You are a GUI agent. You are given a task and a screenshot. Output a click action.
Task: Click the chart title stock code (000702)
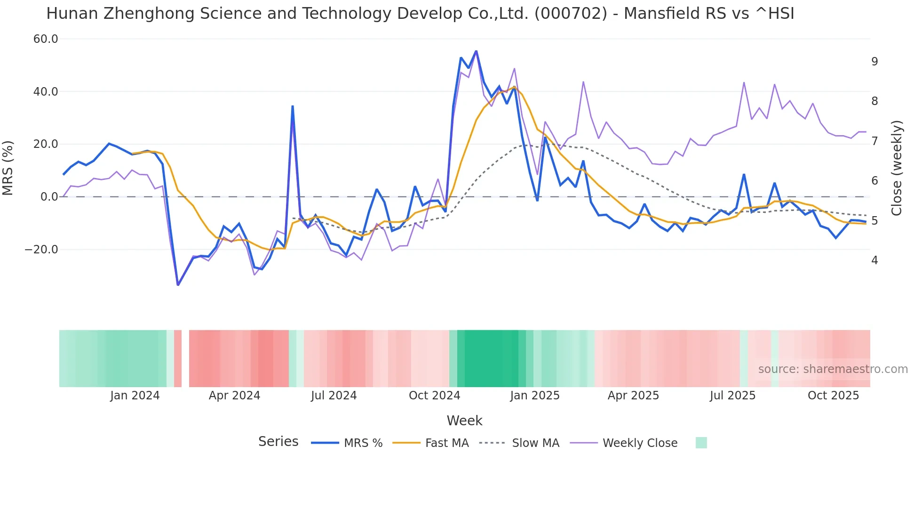pos(571,14)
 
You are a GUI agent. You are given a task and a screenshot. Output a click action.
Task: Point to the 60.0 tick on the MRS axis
pos(46,39)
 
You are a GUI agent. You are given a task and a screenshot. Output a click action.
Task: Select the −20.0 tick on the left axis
pos(41,250)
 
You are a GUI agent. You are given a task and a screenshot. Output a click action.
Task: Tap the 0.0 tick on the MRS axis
pos(49,197)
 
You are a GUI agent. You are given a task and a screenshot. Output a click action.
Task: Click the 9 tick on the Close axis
pos(874,62)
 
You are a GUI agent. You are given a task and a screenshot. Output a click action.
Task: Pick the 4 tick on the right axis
pos(874,260)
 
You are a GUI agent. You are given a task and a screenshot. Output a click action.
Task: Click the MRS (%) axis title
pos(8,168)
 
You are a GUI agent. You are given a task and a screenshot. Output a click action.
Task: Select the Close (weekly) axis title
pos(896,168)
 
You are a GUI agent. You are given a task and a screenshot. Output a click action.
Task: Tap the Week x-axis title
pos(464,421)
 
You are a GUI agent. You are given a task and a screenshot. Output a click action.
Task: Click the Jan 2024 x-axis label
pos(135,396)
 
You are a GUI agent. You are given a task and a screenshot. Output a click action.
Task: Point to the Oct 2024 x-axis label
pos(434,396)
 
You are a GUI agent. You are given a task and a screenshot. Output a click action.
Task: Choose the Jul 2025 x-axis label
pos(732,396)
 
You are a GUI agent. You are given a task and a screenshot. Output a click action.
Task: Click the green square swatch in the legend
pos(701,443)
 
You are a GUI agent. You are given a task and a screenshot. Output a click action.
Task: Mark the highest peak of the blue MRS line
pos(476,51)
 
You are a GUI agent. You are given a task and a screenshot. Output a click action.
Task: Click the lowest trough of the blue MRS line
pos(178,284)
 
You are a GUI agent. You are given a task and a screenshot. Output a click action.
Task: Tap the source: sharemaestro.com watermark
pos(833,369)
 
